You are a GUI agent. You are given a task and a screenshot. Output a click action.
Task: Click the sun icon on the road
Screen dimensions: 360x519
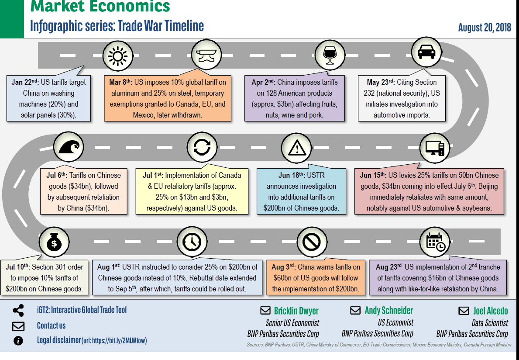117,55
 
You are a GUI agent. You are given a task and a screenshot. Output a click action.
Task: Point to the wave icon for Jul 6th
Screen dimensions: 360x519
69,146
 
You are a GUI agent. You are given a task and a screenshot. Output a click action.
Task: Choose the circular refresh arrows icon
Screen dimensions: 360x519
202,147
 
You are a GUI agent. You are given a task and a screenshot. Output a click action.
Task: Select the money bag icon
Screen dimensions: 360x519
54,243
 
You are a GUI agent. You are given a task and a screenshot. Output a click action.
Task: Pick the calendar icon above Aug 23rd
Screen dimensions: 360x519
434,242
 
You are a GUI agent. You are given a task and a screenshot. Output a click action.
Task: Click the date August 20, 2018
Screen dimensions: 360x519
485,28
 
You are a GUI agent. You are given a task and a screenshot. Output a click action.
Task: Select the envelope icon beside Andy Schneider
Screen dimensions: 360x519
356,310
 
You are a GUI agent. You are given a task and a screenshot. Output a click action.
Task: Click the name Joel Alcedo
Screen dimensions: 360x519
491,311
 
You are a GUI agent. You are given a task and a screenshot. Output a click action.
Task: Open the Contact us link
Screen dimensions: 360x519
51,325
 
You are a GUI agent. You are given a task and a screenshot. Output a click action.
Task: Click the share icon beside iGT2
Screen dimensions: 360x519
18,311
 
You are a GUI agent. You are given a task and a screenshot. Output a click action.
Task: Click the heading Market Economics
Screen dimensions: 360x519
100,7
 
